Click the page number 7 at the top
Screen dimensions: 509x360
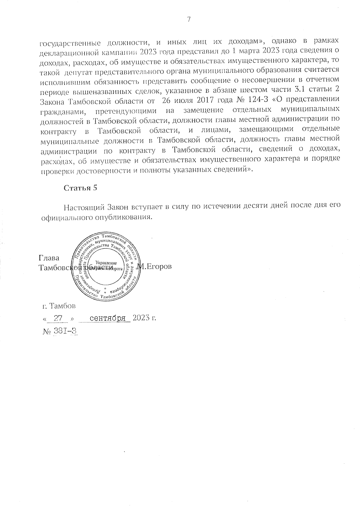[x=189, y=20]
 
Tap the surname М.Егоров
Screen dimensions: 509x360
[x=154, y=266]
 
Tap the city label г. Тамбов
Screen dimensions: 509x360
[x=59, y=306]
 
